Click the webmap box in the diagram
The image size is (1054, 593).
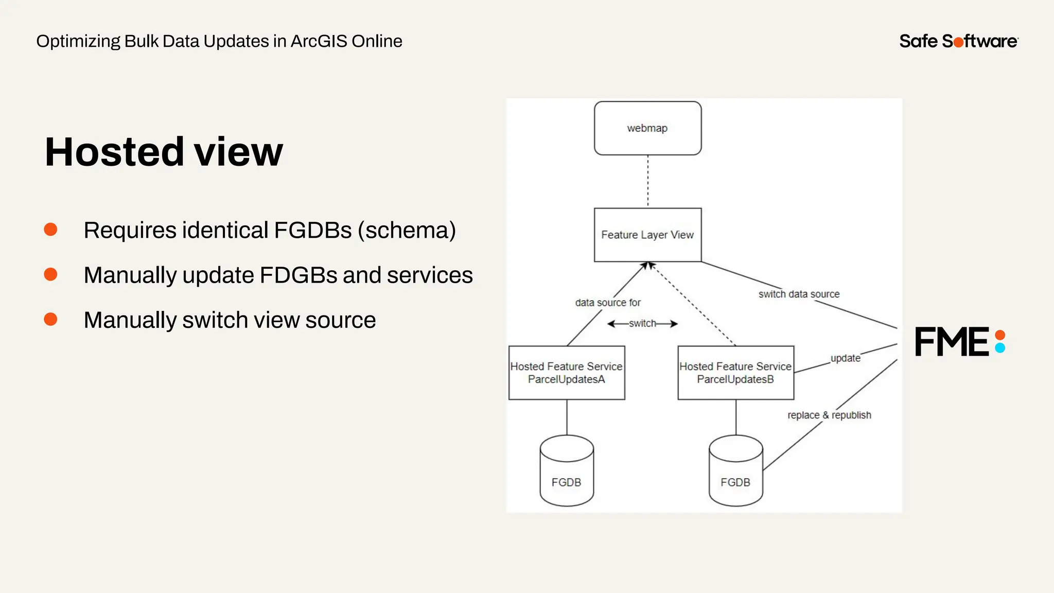point(647,128)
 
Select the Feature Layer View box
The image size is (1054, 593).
point(647,235)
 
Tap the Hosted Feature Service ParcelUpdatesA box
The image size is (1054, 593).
point(566,373)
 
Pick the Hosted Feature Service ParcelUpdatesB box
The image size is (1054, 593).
point(735,373)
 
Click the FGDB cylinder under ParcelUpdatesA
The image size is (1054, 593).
point(567,471)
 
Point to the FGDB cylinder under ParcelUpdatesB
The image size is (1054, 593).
point(735,471)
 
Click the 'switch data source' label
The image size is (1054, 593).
point(799,294)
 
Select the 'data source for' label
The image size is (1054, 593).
point(608,303)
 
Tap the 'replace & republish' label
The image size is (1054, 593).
point(829,415)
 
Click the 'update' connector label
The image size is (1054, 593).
point(845,358)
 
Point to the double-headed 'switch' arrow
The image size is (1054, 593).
point(642,324)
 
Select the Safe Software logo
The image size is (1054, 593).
point(958,41)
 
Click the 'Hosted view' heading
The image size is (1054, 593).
point(164,152)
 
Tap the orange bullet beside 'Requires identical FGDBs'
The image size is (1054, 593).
point(50,230)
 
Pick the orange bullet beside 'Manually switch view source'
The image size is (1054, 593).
point(50,320)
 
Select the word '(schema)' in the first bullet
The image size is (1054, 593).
point(407,230)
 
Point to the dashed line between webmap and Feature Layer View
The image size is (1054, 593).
point(647,181)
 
